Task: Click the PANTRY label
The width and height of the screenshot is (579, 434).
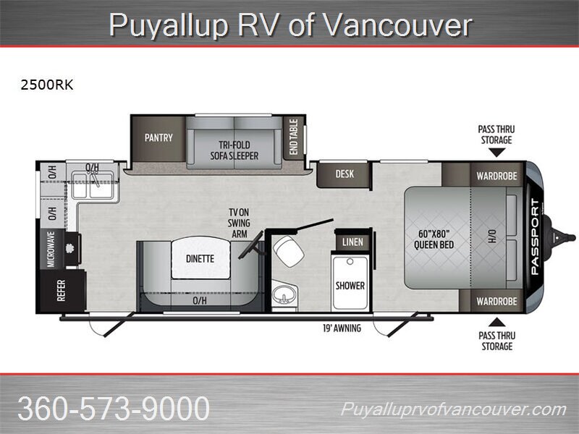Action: coord(159,137)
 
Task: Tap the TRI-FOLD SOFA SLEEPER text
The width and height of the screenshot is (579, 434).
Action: coord(234,150)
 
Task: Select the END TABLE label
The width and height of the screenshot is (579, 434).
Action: coord(294,137)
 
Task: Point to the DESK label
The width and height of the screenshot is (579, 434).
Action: coord(345,174)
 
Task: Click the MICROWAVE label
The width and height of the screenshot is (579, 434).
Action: coord(51,250)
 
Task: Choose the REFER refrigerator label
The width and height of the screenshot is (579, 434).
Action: coord(62,291)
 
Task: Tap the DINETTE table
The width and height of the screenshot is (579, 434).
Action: coord(200,258)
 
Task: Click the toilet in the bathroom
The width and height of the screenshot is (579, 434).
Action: coord(288,251)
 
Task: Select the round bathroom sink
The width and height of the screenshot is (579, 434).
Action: coord(284,296)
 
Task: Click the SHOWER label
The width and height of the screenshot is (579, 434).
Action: coord(350,286)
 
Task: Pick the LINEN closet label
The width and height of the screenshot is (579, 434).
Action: coord(352,242)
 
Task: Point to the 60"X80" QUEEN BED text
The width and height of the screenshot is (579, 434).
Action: coord(434,239)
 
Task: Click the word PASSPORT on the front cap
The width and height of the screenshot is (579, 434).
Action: coord(535,237)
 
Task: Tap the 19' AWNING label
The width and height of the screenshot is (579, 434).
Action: coord(342,328)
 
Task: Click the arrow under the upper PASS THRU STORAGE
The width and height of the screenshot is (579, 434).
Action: coord(496,153)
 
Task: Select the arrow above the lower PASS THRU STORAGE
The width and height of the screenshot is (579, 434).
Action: coord(497,322)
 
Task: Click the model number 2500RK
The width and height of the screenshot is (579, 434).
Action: coord(47,85)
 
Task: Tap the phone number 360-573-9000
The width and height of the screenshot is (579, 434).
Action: coord(114,408)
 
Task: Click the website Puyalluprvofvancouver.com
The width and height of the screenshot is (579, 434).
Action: coord(454,409)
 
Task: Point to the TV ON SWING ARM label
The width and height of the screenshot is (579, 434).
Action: coord(239,223)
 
